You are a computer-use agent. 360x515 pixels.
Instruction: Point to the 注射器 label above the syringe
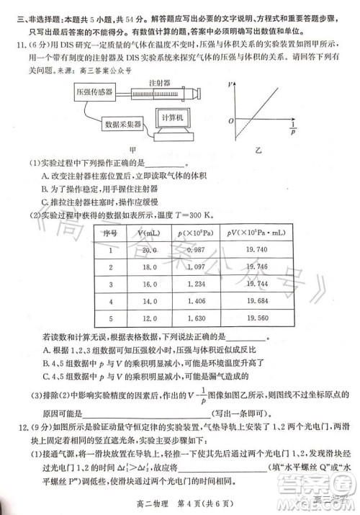pyautogui.click(x=169, y=84)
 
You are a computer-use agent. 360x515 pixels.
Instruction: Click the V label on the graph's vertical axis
pyautogui.click(x=230, y=84)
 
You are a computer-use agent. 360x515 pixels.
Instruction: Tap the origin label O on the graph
pyautogui.click(x=231, y=120)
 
